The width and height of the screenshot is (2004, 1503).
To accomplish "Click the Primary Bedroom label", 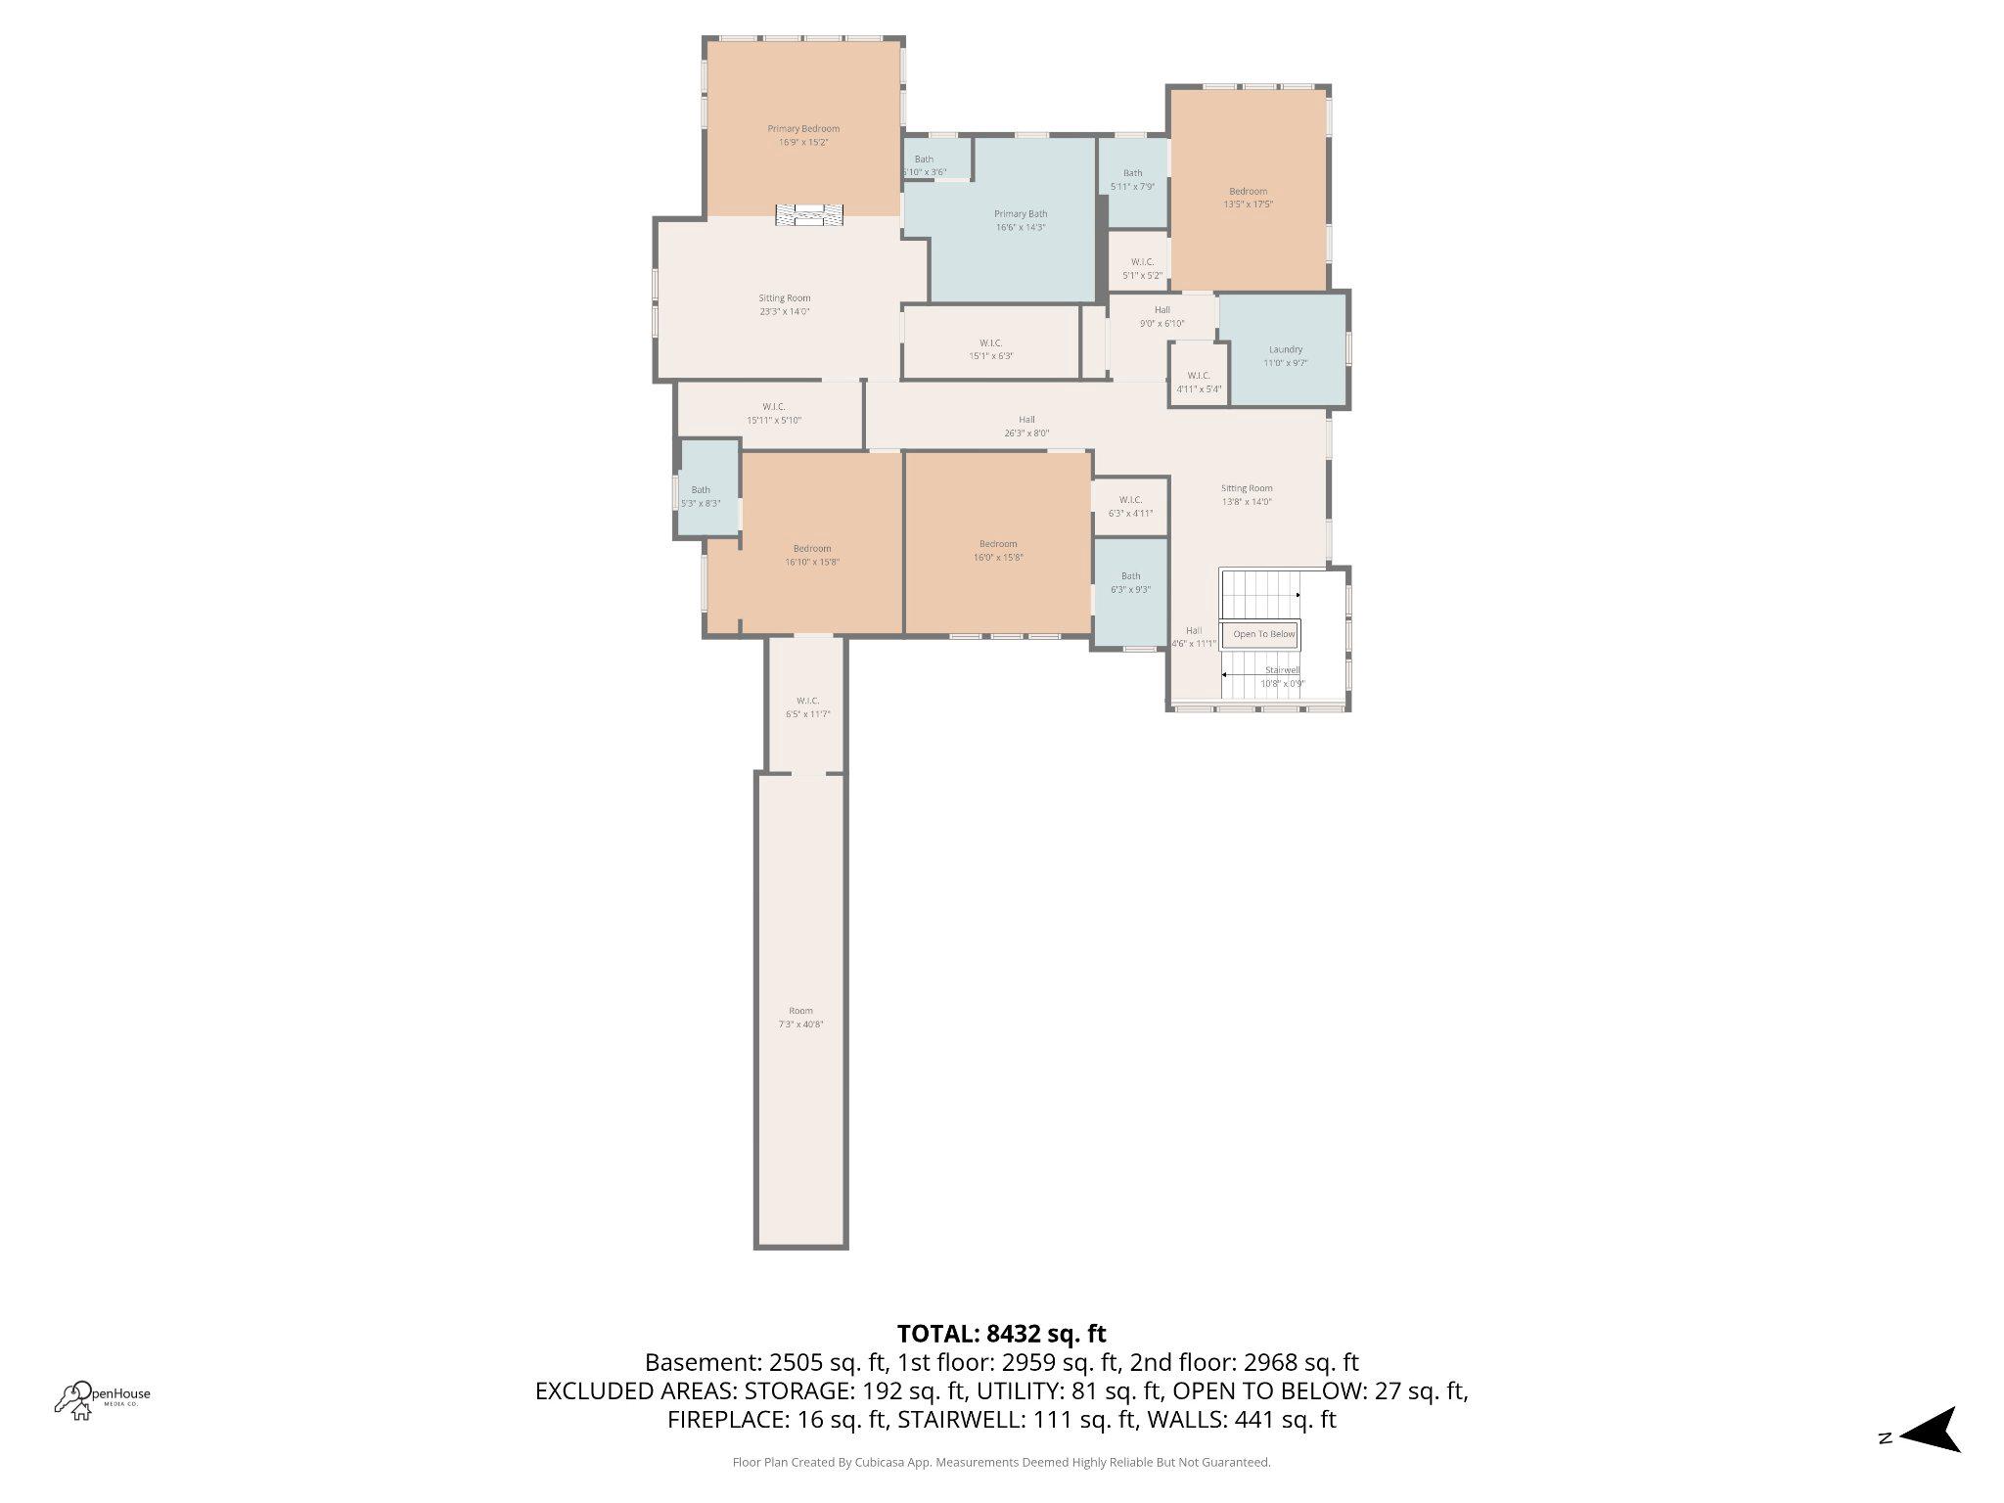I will [802, 129].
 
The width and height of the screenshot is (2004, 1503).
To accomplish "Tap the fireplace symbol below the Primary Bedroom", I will [809, 215].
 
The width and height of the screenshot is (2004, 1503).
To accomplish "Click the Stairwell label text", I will [1281, 670].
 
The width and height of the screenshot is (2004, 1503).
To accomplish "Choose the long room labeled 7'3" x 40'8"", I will [800, 1018].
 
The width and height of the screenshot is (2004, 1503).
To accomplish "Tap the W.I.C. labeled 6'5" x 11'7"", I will [807, 707].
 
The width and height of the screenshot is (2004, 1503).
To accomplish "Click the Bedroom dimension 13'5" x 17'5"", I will [1248, 205].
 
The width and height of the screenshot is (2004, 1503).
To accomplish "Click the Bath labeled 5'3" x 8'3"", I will [701, 497].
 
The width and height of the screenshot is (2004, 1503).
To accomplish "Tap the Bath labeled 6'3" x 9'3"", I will [1130, 583].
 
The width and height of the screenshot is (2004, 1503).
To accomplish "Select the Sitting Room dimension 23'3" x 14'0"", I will [785, 312].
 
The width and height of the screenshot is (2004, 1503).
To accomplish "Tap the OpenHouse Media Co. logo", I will [102, 1399].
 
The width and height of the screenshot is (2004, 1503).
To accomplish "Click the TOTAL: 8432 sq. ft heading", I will [1001, 1334].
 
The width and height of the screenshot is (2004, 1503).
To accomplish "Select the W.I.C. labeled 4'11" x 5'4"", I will [1199, 382].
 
